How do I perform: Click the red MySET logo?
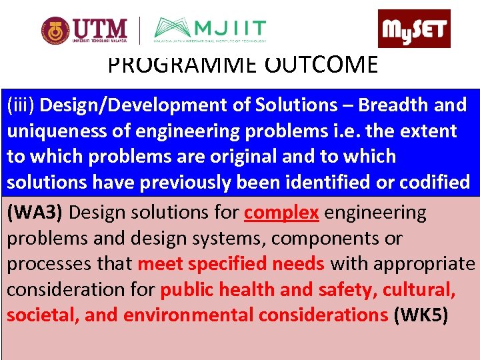[414, 29]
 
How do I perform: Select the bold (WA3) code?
[35, 213]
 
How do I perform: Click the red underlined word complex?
[281, 213]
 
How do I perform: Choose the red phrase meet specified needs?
[231, 264]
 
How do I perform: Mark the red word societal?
[42, 315]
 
